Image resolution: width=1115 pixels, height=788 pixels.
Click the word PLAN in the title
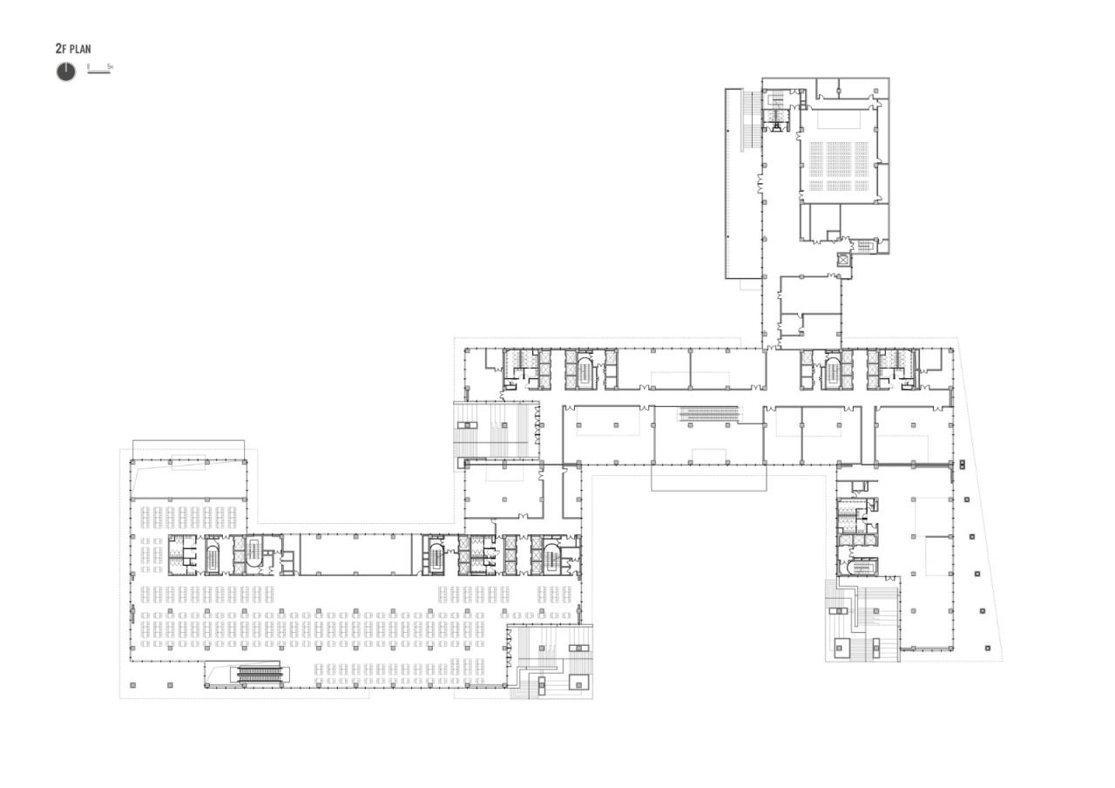[x=80, y=50]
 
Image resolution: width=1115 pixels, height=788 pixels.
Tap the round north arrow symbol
[x=66, y=72]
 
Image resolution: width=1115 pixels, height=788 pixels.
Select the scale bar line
[x=98, y=71]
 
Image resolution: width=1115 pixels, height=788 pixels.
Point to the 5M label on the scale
[x=110, y=66]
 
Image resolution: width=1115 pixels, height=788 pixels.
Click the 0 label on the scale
[x=88, y=66]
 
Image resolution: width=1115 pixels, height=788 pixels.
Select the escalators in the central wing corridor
[x=709, y=413]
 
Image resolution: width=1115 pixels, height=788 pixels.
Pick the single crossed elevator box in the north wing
[x=842, y=259]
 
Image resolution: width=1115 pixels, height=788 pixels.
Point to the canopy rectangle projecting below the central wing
[x=708, y=479]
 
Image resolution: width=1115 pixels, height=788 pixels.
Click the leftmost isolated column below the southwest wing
[x=132, y=686]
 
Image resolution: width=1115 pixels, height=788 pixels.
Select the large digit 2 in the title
[x=58, y=50]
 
